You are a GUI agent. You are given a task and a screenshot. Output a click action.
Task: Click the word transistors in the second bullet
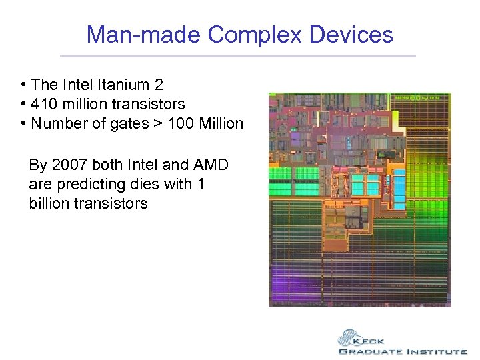[x=150, y=104]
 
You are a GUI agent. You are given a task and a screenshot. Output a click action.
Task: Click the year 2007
[x=69, y=165]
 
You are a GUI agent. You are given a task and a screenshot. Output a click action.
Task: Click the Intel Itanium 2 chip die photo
[x=359, y=199]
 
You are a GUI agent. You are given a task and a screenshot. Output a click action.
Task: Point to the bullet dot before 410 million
[x=23, y=105]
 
